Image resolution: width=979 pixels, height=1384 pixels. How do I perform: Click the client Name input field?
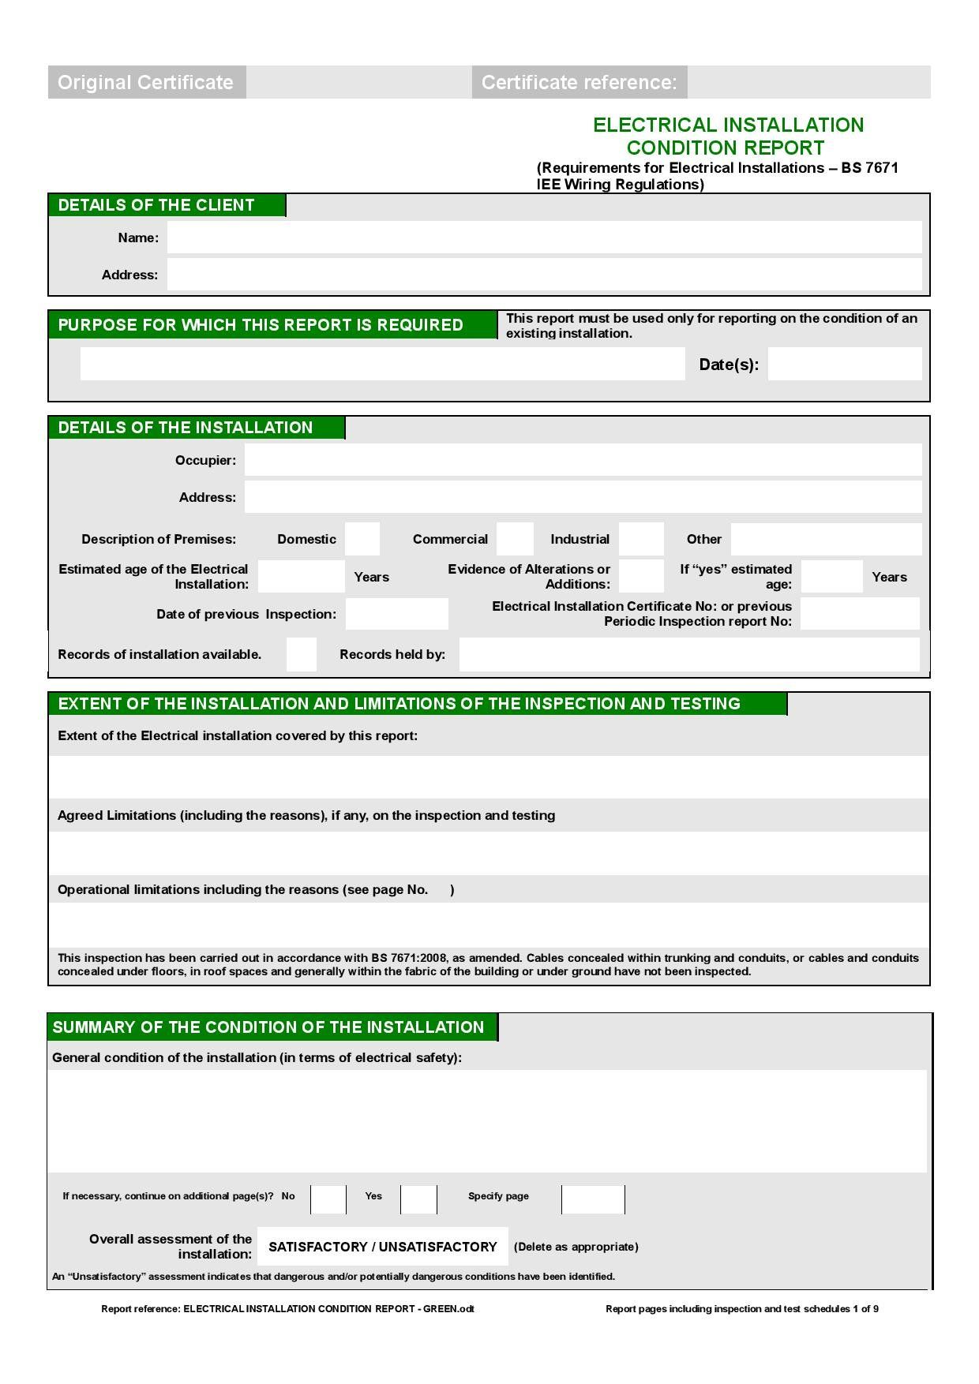pos(544,238)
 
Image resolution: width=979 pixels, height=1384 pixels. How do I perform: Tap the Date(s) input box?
pos(845,364)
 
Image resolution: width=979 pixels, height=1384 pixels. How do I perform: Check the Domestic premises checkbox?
pos(362,539)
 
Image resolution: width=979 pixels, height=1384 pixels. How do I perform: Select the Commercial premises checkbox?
pos(515,539)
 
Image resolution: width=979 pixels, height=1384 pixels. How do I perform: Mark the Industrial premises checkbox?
pos(641,539)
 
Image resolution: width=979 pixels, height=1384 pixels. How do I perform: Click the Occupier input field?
pos(583,460)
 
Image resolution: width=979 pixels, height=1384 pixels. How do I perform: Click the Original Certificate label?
pos(146,82)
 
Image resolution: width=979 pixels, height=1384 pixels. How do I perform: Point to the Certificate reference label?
pos(579,82)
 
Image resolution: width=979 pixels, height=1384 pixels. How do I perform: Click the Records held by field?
pos(689,655)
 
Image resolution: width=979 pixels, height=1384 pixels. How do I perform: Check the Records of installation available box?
pos(301,655)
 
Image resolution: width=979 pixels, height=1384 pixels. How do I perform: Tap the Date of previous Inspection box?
pos(396,614)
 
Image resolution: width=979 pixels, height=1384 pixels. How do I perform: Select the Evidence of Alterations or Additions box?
pos(641,576)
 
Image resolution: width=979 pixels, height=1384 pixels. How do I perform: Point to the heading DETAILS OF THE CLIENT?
pos(156,205)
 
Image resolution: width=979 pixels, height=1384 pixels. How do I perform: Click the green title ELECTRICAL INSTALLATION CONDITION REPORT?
pos(727,136)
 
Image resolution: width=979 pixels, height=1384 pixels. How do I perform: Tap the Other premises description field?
pos(826,539)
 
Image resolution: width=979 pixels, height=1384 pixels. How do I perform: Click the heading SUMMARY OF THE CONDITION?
pos(268,1027)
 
